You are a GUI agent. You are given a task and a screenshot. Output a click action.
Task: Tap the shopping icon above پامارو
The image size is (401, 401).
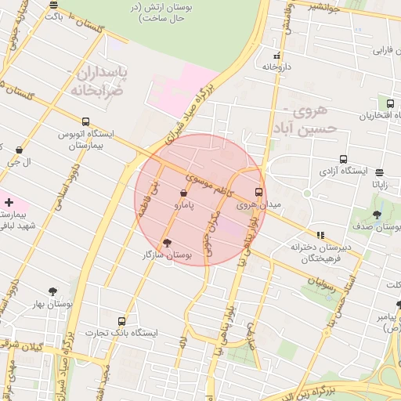[183, 192]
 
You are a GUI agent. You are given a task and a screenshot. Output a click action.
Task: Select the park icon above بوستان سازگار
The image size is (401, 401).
[166, 243]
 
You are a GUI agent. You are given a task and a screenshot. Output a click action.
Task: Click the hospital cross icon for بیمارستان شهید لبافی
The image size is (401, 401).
[9, 202]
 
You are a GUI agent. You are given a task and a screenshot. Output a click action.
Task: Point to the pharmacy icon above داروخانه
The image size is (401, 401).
[276, 56]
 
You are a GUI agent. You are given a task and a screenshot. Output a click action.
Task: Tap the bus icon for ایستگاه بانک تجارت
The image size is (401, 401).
[121, 321]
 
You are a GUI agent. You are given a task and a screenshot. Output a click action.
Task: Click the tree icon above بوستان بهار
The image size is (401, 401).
[52, 291]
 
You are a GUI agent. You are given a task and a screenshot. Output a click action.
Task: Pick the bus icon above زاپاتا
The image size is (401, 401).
[380, 173]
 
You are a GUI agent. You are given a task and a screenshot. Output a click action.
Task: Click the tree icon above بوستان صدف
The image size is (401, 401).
[377, 215]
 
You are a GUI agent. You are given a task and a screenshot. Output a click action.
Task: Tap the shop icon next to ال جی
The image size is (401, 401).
[19, 150]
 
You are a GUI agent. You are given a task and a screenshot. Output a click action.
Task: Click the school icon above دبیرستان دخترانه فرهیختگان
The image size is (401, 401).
[320, 234]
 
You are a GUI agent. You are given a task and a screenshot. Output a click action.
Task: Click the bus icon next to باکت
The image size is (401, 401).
[52, 15]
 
